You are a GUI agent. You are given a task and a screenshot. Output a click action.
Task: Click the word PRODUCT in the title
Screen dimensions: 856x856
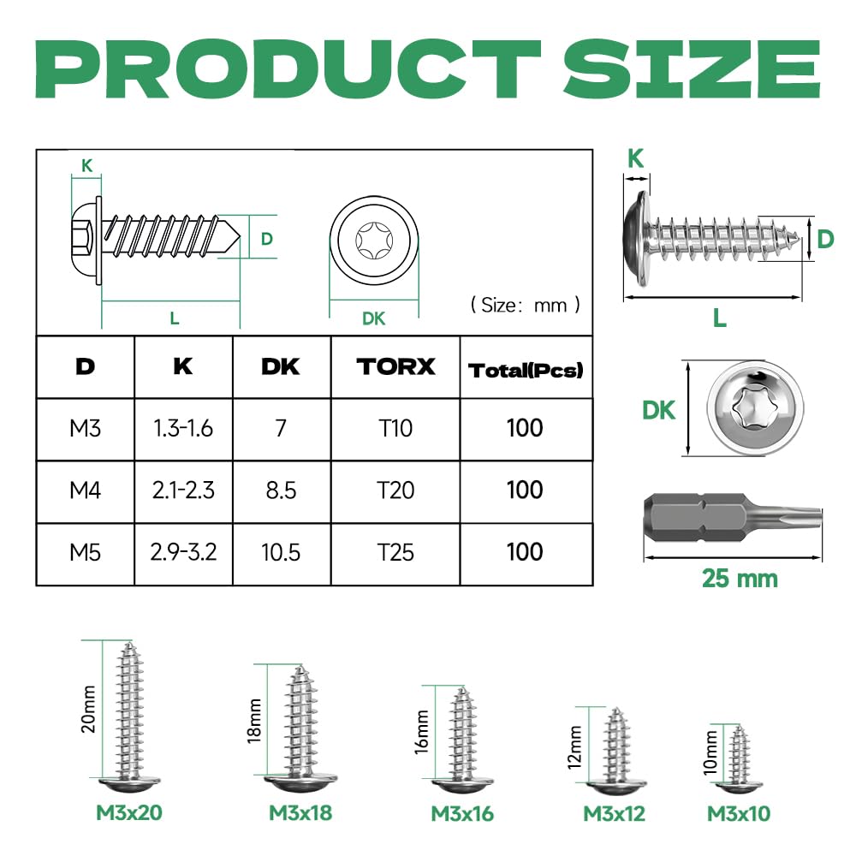point(288,68)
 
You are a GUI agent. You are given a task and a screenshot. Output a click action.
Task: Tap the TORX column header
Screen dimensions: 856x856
point(395,367)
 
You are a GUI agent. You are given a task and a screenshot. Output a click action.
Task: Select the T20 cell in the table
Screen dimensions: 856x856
point(395,490)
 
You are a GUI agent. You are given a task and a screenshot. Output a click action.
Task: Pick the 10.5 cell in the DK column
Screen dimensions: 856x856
point(281,552)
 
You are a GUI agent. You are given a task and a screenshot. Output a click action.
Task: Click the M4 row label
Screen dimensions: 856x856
point(85,490)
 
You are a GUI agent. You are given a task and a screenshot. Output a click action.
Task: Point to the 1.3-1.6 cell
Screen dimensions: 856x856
point(183,429)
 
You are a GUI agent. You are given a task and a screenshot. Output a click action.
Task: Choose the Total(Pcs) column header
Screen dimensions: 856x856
point(526,371)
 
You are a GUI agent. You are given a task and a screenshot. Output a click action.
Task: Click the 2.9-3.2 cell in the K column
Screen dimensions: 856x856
point(183,552)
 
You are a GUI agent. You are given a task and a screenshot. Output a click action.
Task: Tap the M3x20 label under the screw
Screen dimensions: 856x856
point(129,813)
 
